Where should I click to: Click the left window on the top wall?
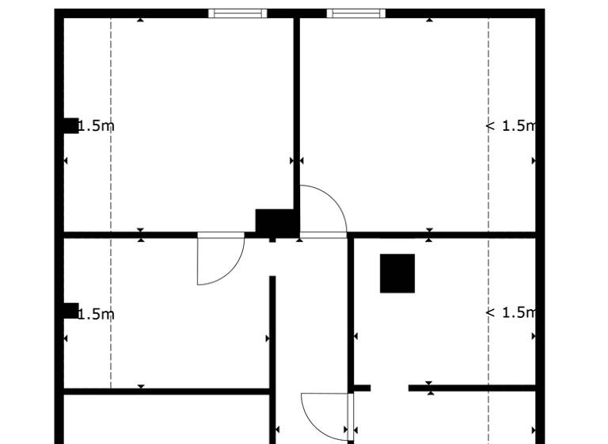coord(237,13)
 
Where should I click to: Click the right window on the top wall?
coord(356,13)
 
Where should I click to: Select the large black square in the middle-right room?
coord(397,274)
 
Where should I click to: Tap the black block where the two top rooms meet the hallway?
coord(275,221)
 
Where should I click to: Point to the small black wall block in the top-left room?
coord(71,125)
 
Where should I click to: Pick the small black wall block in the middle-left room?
coord(71,311)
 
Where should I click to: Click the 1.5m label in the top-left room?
coord(97,126)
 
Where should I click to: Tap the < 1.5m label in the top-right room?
coord(511,125)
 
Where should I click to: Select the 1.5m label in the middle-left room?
coord(97,314)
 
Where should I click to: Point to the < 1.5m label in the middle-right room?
coord(511,312)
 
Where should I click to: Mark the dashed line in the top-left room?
coord(111,79)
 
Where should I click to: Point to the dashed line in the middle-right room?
coord(488,349)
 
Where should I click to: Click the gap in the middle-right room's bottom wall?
coord(389,388)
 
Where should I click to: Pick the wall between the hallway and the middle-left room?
coord(272,333)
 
